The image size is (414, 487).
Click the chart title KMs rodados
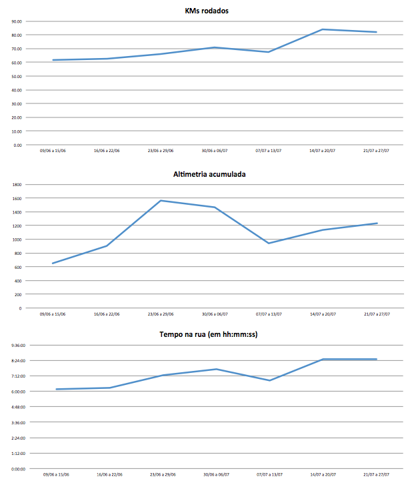pyautogui.click(x=207, y=11)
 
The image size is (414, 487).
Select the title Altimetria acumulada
pyautogui.click(x=207, y=174)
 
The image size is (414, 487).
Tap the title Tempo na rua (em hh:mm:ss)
pyautogui.click(x=207, y=334)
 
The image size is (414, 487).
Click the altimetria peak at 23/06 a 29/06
pyautogui.click(x=161, y=200)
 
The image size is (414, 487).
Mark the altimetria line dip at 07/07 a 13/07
pyautogui.click(x=269, y=243)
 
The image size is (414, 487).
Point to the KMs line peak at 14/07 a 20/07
pyautogui.click(x=323, y=29)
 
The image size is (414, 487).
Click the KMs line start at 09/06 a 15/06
pyautogui.click(x=53, y=60)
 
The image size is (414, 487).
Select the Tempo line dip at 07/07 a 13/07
pyautogui.click(x=269, y=380)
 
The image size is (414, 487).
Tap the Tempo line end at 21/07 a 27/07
pyautogui.click(x=377, y=360)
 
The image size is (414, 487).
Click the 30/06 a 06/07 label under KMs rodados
pyautogui.click(x=215, y=151)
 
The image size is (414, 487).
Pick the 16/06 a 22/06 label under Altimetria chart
pyautogui.click(x=107, y=314)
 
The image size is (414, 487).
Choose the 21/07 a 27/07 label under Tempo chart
pyautogui.click(x=377, y=475)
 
